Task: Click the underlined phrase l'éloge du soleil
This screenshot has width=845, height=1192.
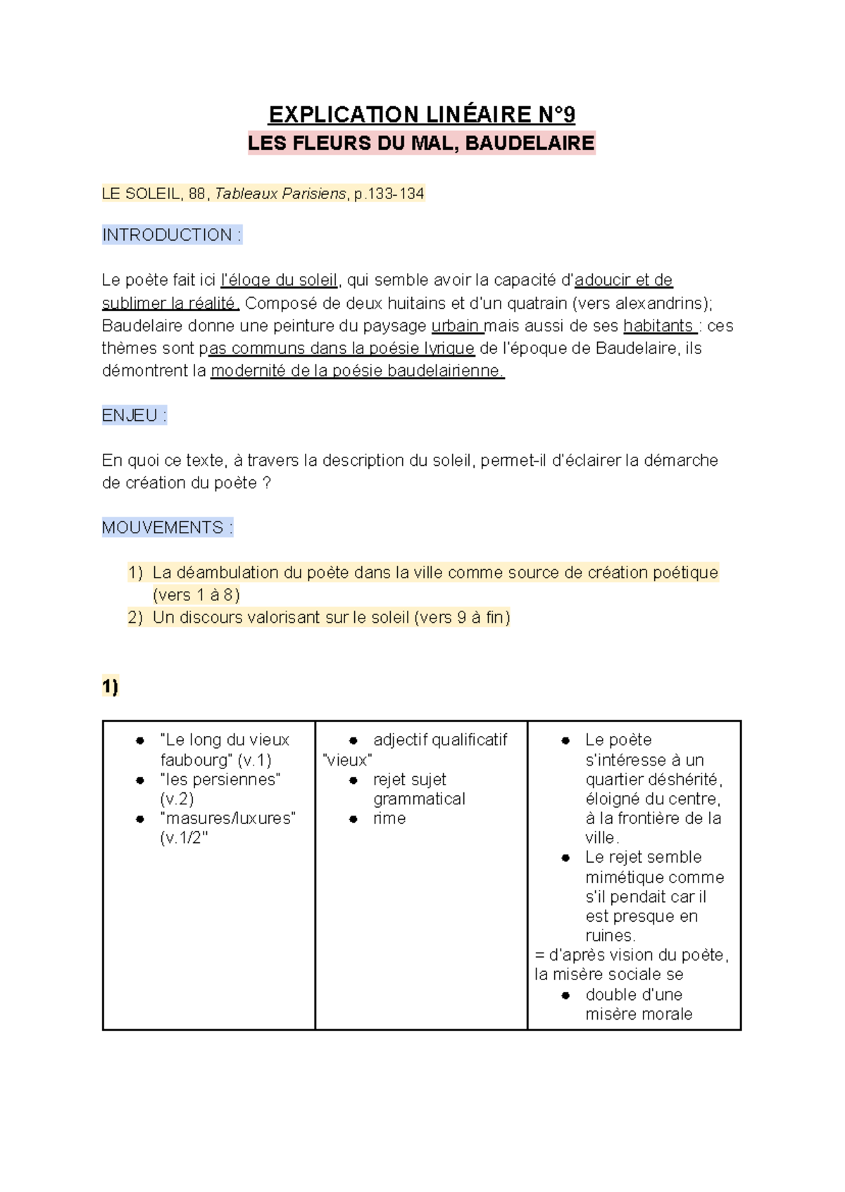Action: [x=280, y=280]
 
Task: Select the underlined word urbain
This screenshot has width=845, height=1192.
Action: [x=455, y=326]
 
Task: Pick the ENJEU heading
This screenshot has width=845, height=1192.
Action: [x=134, y=416]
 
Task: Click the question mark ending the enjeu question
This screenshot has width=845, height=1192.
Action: [x=266, y=483]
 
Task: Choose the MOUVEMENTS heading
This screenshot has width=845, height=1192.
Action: [x=167, y=528]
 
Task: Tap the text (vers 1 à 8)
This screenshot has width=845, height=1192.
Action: [x=196, y=595]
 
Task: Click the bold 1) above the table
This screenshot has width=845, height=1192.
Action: [x=110, y=686]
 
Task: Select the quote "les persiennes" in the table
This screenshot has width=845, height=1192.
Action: [x=220, y=780]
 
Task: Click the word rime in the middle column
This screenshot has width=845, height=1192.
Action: [x=389, y=818]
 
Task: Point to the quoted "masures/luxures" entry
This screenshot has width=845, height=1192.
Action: [x=227, y=818]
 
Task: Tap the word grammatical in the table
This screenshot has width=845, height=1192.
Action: [x=419, y=799]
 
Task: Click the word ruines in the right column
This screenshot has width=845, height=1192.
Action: [x=609, y=936]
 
